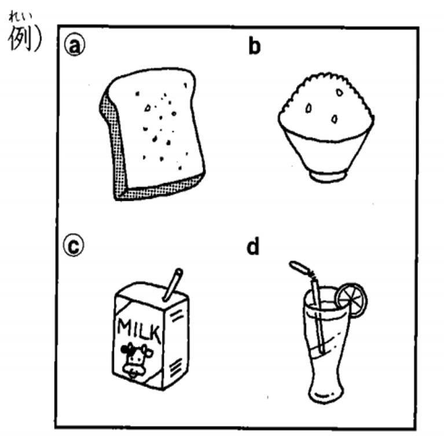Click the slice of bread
[153, 136]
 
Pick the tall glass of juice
[324, 342]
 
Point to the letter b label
[254, 46]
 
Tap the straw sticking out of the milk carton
[172, 283]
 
